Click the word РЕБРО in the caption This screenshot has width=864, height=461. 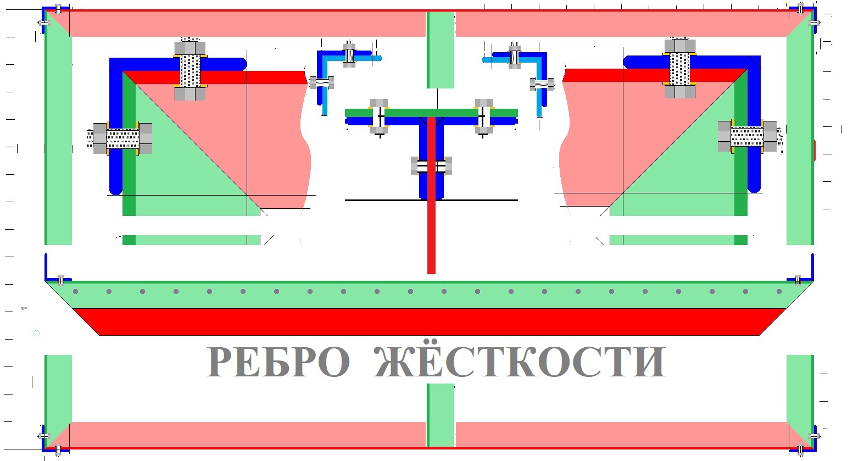[x=278, y=362]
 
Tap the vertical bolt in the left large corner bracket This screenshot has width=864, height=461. [x=189, y=69]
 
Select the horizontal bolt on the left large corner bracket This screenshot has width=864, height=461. [x=119, y=138]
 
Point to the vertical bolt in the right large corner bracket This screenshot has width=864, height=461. [x=679, y=68]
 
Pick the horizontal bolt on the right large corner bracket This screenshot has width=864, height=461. [x=750, y=136]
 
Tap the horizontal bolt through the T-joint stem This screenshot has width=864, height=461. [x=431, y=166]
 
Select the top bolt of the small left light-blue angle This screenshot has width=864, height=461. [x=349, y=54]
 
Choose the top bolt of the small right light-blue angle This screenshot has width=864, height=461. [x=515, y=56]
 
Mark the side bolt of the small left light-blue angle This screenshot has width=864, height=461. [x=322, y=82]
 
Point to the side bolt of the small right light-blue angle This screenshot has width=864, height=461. [x=542, y=84]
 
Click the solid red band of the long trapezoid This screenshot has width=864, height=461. [x=429, y=322]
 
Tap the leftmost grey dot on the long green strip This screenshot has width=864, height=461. [x=76, y=291]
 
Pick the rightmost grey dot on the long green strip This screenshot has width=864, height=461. [x=779, y=291]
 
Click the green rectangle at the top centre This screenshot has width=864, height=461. [x=441, y=50]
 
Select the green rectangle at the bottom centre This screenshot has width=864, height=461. [x=441, y=415]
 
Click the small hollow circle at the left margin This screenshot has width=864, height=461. [x=37, y=333]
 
